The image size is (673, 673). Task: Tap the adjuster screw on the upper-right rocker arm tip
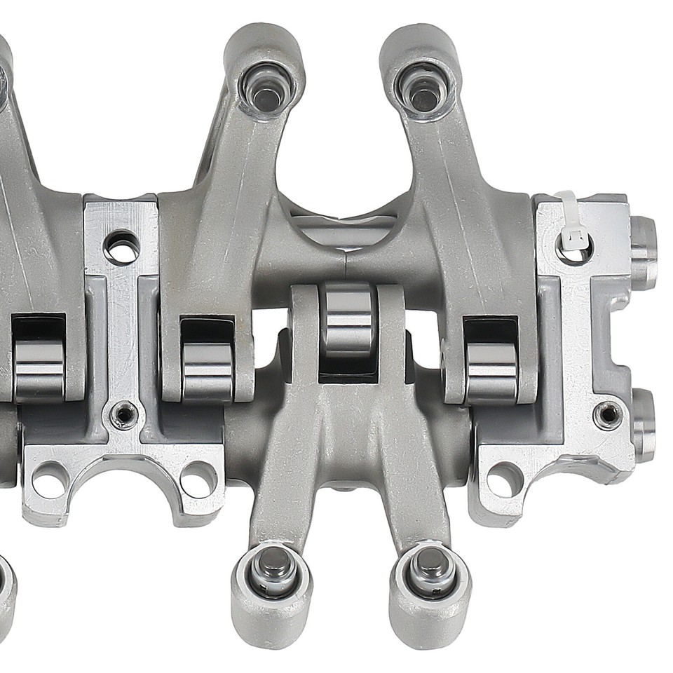421,89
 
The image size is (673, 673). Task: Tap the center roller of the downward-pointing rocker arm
348,321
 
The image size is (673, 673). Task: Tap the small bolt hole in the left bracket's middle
124,415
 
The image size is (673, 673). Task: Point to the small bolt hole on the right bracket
607,414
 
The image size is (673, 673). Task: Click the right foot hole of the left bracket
198,480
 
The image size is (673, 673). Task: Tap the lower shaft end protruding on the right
644,424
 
